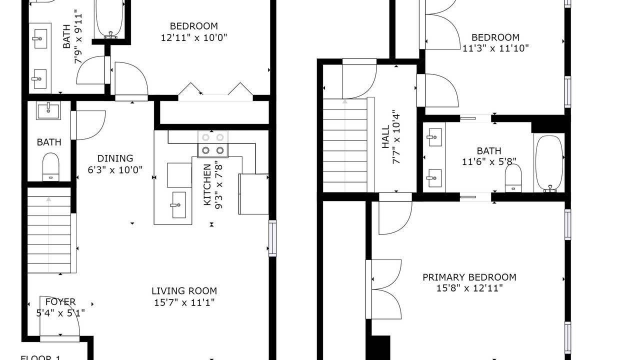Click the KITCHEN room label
click(207, 184)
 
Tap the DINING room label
click(115, 158)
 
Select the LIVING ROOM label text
click(184, 291)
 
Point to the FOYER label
click(60, 301)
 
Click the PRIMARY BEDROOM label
click(469, 277)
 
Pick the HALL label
click(385, 136)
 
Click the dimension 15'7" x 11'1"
click(184, 302)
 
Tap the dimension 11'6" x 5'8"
click(489, 161)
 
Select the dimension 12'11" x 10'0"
click(194, 37)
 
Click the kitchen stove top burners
click(213, 143)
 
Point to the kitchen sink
click(179, 205)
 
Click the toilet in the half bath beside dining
click(51, 167)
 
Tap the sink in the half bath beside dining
click(48, 110)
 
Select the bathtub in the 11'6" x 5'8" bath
click(549, 163)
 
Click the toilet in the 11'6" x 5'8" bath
click(513, 178)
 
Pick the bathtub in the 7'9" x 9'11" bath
click(110, 18)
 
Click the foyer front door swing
click(59, 316)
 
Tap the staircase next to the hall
click(345, 145)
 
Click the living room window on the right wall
click(272, 238)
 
